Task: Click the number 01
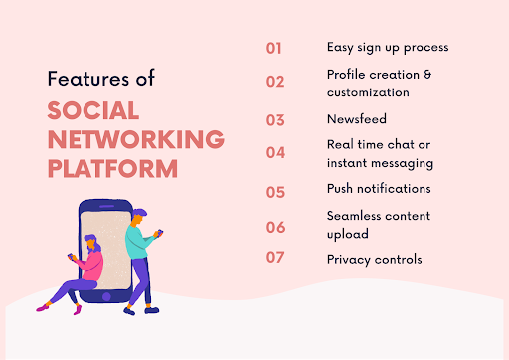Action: pos(275,47)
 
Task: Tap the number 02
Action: pos(275,82)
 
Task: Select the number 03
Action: pos(275,120)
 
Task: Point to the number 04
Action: pos(275,153)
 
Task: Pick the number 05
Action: pos(275,189)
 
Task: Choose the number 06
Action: pos(275,226)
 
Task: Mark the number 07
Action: pos(275,258)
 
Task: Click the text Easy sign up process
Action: pos(387,47)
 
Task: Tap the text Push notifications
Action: pos(379,188)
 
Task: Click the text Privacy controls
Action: pos(374,259)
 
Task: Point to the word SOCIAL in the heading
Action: pos(93,110)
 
